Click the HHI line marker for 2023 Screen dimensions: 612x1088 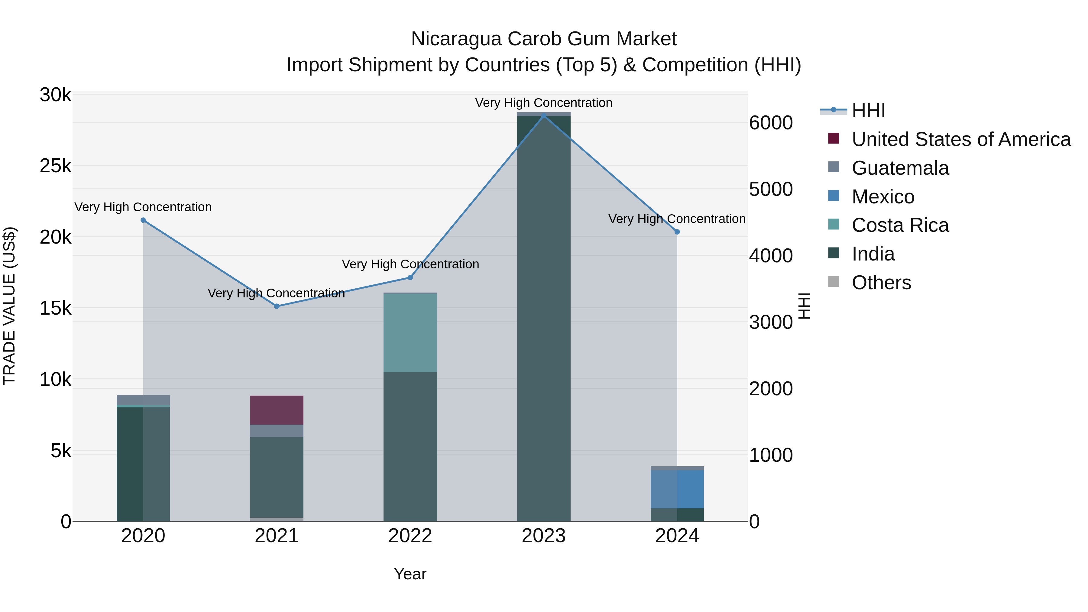coord(544,115)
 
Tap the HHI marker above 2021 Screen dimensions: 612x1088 coord(277,306)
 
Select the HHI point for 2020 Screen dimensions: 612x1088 coord(143,220)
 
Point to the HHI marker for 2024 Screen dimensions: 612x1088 coord(677,232)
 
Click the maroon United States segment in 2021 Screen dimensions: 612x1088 coord(277,410)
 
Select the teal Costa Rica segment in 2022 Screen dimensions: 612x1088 coord(410,332)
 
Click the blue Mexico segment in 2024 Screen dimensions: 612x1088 coord(677,489)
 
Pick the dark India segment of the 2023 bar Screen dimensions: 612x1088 coord(544,317)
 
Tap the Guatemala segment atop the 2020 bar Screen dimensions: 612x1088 coord(143,400)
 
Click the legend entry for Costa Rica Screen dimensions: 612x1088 coord(900,225)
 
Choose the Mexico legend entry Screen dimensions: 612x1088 coord(883,197)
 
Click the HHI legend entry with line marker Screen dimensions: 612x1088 coord(868,111)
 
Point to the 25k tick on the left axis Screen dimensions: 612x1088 coord(55,166)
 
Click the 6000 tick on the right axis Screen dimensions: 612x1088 coord(771,123)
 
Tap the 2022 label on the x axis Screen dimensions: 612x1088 coord(410,536)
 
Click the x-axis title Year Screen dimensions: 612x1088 coord(410,574)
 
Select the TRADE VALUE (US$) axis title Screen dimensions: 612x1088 coord(9,306)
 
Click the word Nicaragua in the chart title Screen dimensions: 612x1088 coord(456,39)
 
